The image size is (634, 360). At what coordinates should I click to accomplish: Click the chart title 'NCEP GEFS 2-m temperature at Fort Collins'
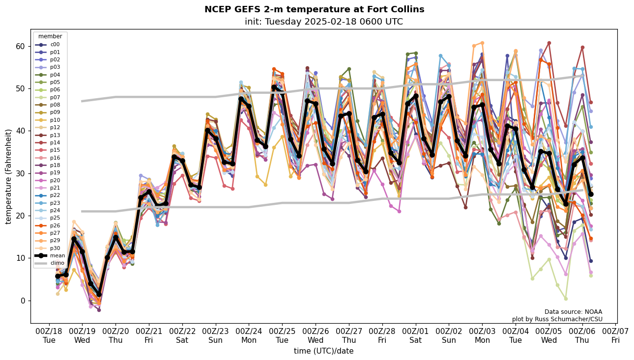click(x=314, y=9)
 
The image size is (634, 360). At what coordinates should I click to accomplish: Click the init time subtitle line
click(x=323, y=22)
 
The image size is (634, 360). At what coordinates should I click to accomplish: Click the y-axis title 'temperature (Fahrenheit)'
click(x=9, y=176)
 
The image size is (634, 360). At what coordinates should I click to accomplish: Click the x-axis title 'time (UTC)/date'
click(x=323, y=351)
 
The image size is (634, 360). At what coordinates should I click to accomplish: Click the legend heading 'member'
click(x=50, y=36)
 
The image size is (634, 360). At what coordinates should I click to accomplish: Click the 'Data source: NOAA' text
click(x=573, y=312)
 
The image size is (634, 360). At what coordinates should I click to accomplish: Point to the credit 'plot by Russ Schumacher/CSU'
click(x=557, y=319)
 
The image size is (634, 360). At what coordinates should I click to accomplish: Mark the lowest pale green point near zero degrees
click(x=566, y=298)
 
